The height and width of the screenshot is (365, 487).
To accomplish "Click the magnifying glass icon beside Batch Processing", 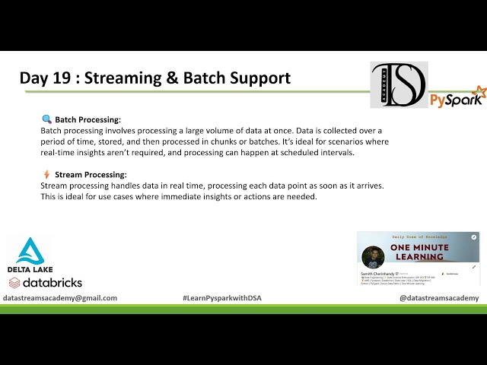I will [46, 119].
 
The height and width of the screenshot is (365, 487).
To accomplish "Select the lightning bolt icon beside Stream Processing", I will [46, 174].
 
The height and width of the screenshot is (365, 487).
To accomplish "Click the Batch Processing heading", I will [88, 120].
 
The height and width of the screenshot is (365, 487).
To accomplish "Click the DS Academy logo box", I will [399, 85].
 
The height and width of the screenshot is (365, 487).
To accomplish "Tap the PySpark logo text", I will [454, 100].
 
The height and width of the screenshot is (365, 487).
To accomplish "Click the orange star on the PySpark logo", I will [479, 91].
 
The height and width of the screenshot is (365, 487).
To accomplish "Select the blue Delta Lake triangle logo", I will [30, 250].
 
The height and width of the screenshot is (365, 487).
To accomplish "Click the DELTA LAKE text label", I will [30, 269].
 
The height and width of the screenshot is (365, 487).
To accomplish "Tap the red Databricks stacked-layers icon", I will [15, 283].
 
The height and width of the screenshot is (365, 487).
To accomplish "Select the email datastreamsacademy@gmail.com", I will [60, 298].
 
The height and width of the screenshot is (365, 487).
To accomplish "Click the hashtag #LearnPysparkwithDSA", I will [222, 298].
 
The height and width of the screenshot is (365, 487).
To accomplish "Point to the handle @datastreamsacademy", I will [439, 298].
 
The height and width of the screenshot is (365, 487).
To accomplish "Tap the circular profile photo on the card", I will [372, 257].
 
